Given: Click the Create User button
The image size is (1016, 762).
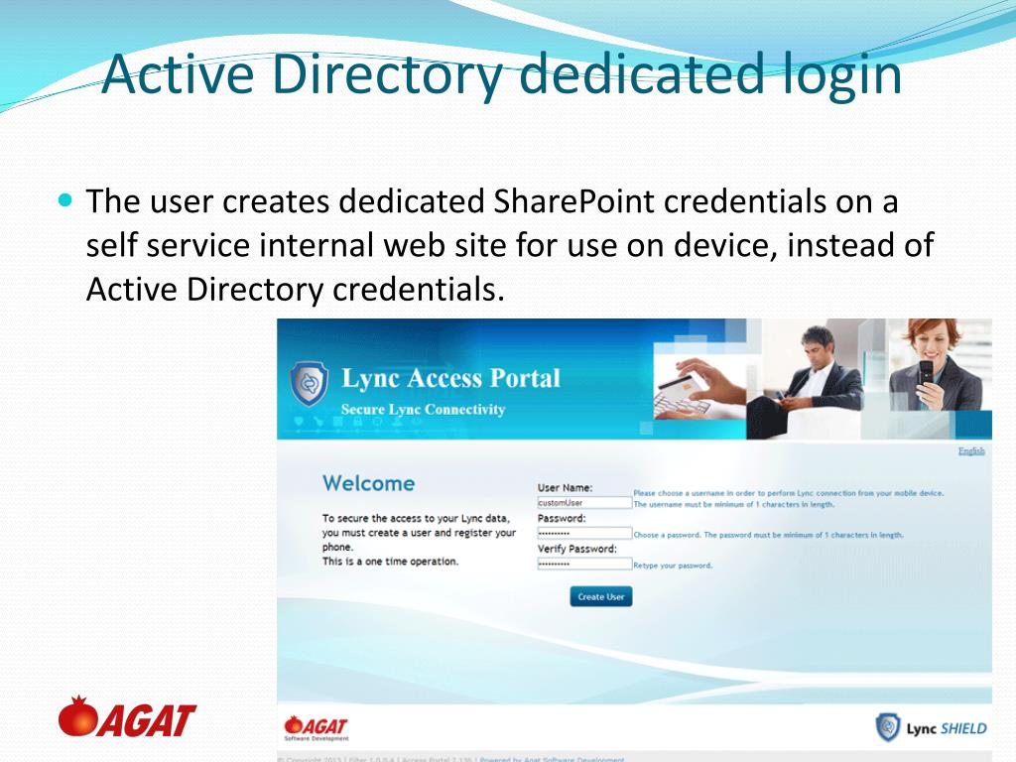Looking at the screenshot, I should [x=600, y=596].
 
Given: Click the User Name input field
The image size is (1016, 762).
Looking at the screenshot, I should [x=584, y=503].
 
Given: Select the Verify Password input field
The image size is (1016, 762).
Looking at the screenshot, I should [x=584, y=564].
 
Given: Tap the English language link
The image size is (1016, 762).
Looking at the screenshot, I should [x=970, y=450].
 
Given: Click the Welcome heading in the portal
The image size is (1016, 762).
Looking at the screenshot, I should [x=368, y=483].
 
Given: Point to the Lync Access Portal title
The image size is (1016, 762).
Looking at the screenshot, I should [x=450, y=378].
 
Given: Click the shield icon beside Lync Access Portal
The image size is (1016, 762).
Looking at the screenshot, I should [x=308, y=385].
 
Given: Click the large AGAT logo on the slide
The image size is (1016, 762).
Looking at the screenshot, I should [x=127, y=717].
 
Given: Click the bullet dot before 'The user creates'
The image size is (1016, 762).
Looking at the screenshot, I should [x=66, y=198].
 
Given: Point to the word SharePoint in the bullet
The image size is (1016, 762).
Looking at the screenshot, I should [x=574, y=201].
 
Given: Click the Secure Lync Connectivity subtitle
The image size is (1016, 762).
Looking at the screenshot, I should [x=423, y=410].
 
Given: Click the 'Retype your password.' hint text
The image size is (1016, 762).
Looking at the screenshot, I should [x=673, y=566].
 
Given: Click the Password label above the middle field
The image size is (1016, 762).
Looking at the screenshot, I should [x=562, y=518].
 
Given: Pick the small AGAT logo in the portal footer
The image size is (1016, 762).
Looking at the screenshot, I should [x=316, y=727].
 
